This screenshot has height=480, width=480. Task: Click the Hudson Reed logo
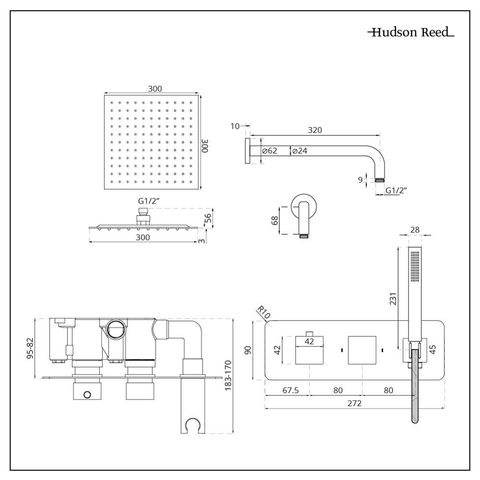pyautogui.click(x=410, y=33)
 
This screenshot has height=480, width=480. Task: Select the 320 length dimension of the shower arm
pyautogui.click(x=315, y=130)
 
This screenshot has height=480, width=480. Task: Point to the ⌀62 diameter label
pyautogui.click(x=270, y=151)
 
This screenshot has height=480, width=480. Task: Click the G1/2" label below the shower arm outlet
pyautogui.click(x=396, y=191)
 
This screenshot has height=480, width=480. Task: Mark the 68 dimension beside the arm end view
pyautogui.click(x=275, y=220)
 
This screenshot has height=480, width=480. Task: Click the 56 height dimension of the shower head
pyautogui.click(x=208, y=218)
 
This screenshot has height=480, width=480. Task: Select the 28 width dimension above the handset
pyautogui.click(x=414, y=230)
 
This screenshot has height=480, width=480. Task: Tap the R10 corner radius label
pyautogui.click(x=263, y=313)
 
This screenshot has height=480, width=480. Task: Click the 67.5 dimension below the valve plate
pyautogui.click(x=290, y=390)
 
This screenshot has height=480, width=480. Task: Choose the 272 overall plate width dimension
pyautogui.click(x=354, y=403)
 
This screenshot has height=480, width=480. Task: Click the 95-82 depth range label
pyautogui.click(x=30, y=348)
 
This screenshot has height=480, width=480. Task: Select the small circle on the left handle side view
pyautogui.click(x=87, y=395)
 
